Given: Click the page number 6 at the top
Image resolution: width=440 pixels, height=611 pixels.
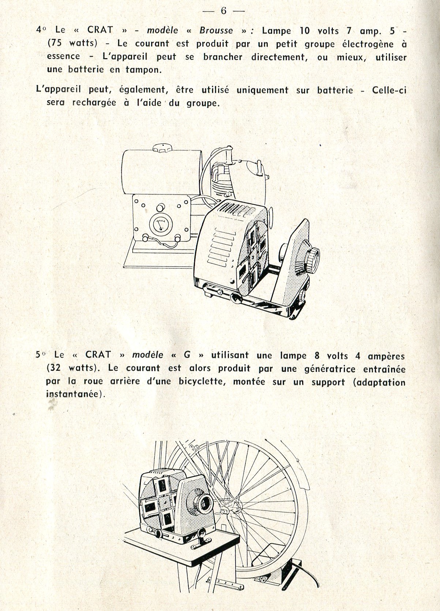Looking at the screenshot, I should pyautogui.click(x=223, y=11).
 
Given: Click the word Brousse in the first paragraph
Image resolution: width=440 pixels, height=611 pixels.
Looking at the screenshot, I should pyautogui.click(x=216, y=31).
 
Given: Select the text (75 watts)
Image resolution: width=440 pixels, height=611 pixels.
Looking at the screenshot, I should pyautogui.click(x=72, y=44).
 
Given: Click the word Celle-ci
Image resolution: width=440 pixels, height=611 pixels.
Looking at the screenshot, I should pyautogui.click(x=389, y=90).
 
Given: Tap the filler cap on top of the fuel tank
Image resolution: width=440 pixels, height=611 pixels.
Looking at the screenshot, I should pyautogui.click(x=159, y=148).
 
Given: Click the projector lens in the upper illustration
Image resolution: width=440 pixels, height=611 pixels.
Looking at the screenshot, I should pyautogui.click(x=313, y=257).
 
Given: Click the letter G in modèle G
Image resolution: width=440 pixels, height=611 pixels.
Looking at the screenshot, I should pyautogui.click(x=187, y=355).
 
